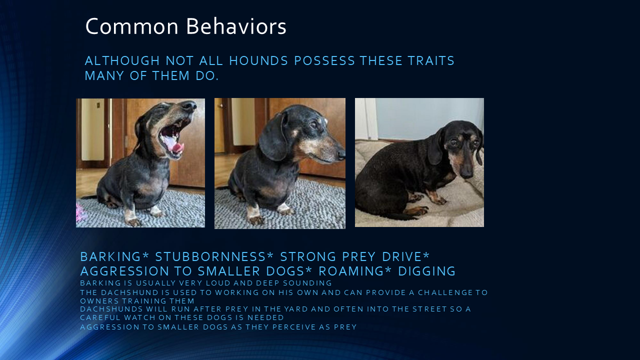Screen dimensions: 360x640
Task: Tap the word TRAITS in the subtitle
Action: pyautogui.click(x=431, y=61)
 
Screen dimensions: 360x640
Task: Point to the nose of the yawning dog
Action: pyautogui.click(x=189, y=105)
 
